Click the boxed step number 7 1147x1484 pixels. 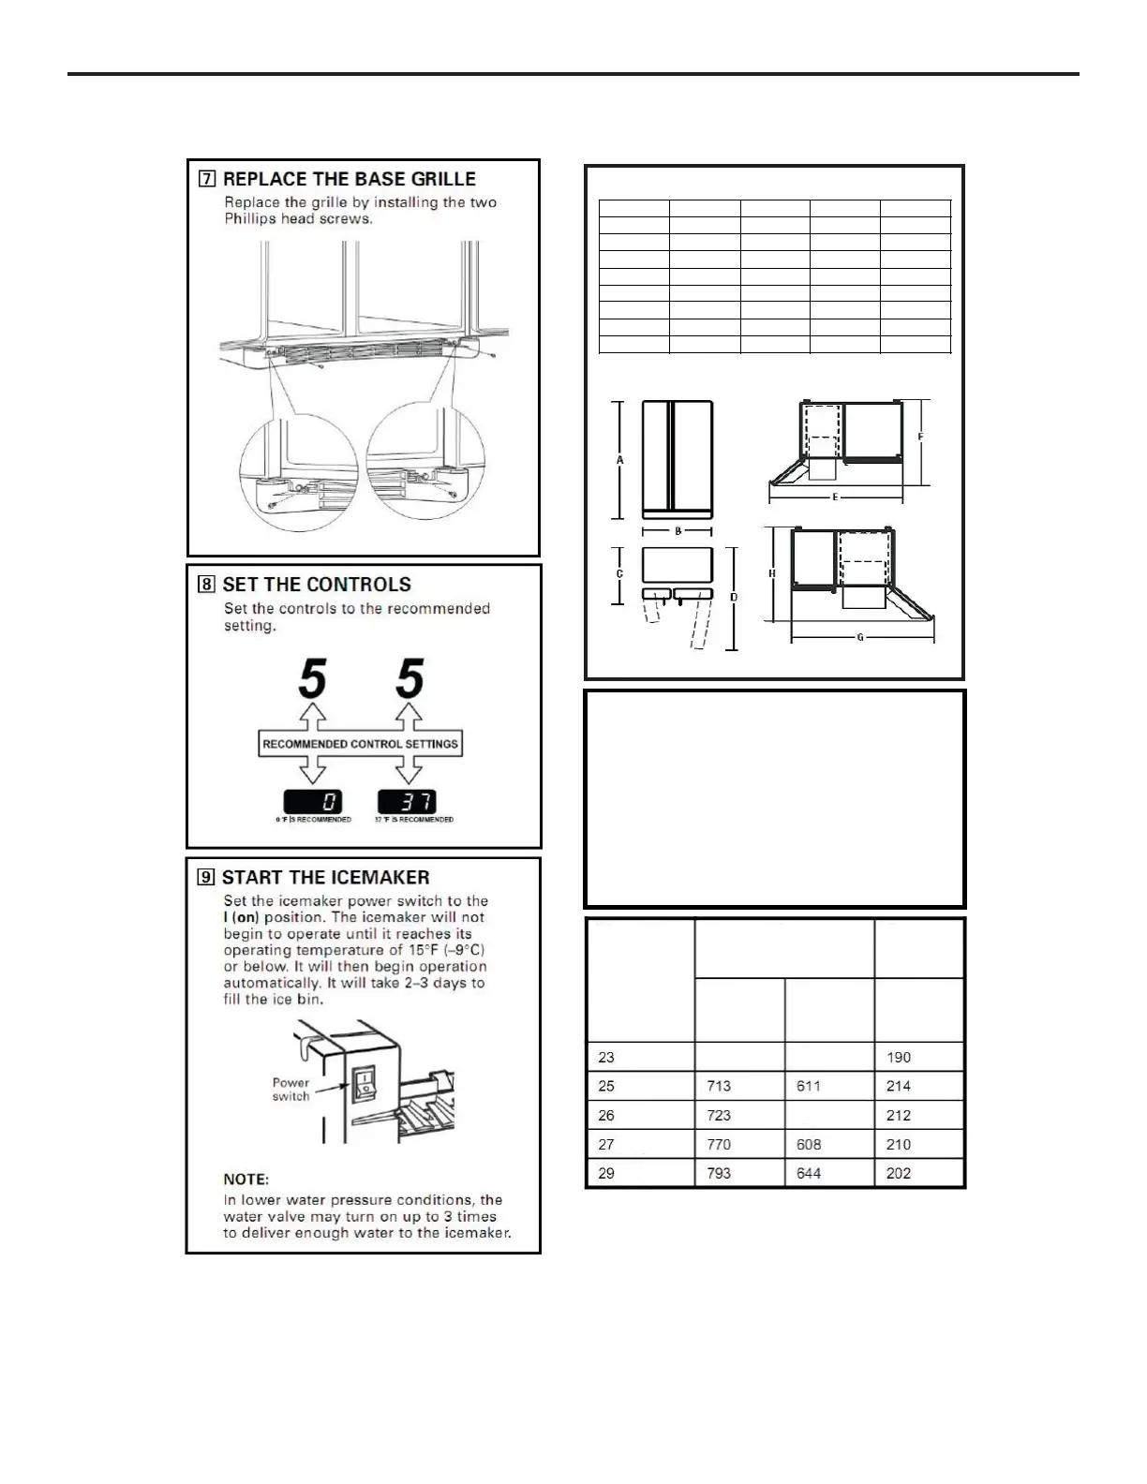coord(206,180)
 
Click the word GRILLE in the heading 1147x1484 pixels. coord(438,179)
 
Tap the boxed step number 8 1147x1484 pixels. coord(206,586)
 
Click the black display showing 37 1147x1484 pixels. coord(407,802)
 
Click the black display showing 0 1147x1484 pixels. coord(313,802)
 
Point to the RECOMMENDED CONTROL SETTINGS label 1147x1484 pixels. coord(361,744)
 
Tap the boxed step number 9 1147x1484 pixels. coord(206,878)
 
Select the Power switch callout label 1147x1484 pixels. coord(290,1089)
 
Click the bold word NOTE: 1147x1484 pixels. coord(246,1179)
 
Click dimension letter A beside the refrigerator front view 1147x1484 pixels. coord(620,460)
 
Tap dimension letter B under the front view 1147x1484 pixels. coord(678,531)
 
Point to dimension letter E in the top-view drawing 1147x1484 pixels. coord(835,497)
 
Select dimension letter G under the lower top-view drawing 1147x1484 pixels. coord(860,637)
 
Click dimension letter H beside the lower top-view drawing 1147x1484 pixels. coord(772,573)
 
